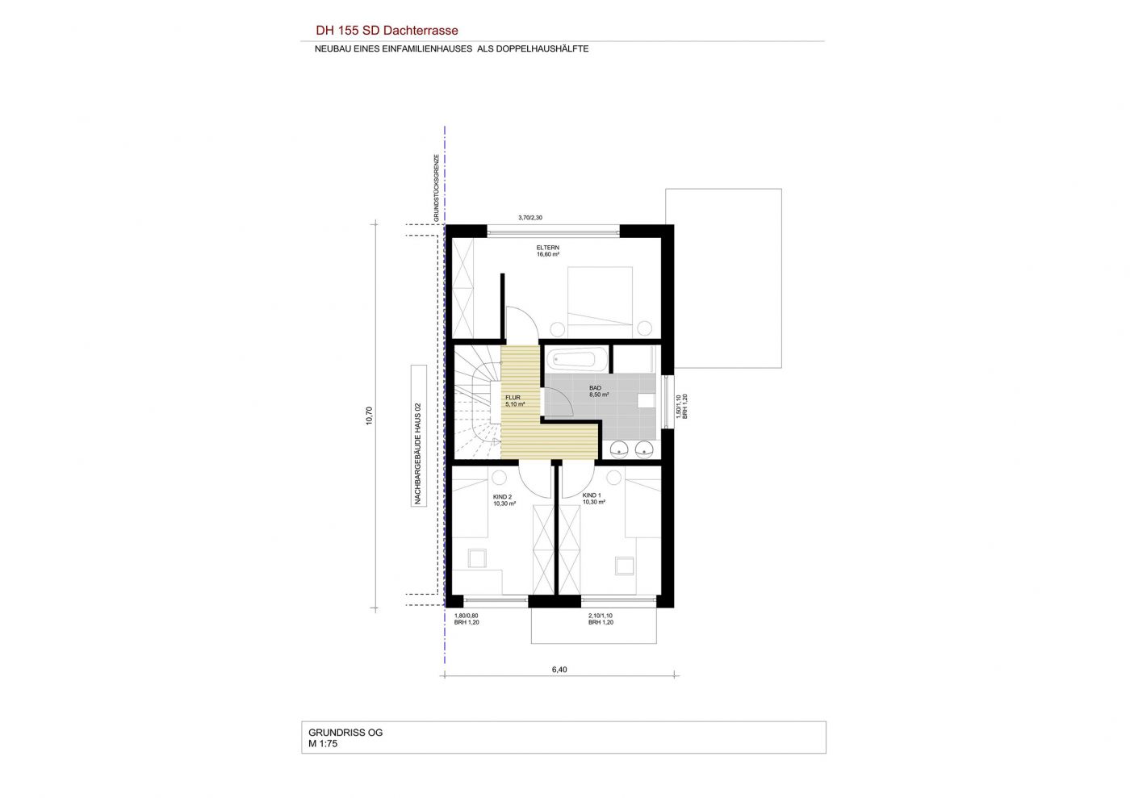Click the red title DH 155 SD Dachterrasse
click(387, 31)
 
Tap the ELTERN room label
click(548, 248)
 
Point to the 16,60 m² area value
click(548, 255)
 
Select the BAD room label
click(596, 388)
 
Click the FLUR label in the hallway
click(513, 398)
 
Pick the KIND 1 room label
click(592, 495)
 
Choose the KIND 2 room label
click(502, 497)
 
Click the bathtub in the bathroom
click(577, 358)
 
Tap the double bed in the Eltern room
click(600, 302)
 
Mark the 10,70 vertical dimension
click(370, 416)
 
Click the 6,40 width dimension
click(559, 670)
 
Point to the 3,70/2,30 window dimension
click(530, 218)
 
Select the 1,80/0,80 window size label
click(467, 616)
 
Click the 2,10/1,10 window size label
click(601, 616)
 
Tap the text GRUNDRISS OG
click(345, 733)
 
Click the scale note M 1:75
click(323, 743)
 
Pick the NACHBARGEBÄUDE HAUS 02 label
click(418, 453)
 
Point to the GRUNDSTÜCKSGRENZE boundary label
click(437, 188)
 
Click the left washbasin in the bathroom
click(619, 449)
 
